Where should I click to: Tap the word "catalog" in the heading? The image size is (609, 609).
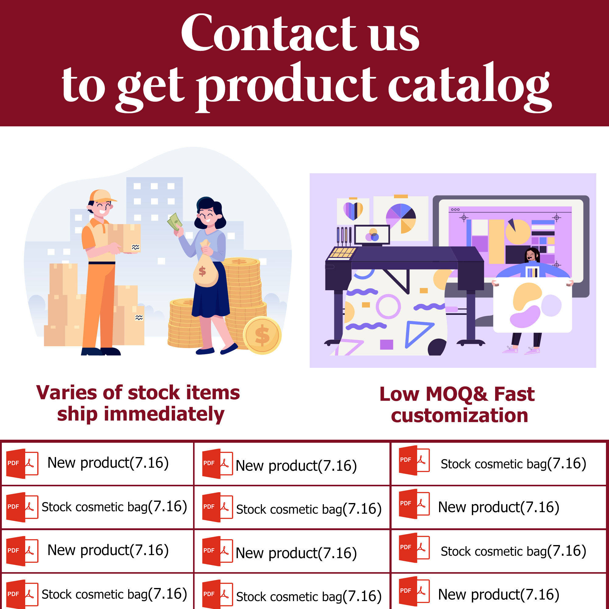coord(469,87)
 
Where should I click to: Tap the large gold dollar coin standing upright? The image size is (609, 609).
coord(262,335)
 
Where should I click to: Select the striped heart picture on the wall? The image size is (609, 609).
coord(353,211)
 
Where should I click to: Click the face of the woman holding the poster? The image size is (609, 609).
coord(532,255)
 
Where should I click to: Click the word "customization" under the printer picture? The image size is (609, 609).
coord(459,415)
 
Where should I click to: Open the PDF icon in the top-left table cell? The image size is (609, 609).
coord(22,463)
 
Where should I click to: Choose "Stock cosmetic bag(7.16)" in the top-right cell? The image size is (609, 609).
coord(513,464)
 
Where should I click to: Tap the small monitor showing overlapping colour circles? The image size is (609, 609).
coord(372,235)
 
